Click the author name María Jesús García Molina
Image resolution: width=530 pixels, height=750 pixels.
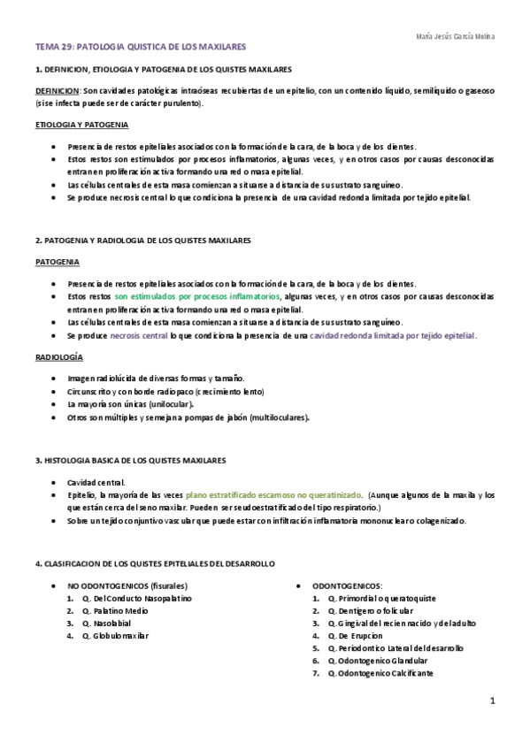[x=455, y=36]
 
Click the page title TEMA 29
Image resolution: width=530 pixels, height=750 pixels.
[x=141, y=45]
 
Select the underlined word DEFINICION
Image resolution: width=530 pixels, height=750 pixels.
[x=57, y=90]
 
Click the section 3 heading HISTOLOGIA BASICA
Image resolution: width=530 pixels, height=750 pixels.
[x=130, y=461]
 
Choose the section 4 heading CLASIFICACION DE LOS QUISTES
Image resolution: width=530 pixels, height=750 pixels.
[x=155, y=563]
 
